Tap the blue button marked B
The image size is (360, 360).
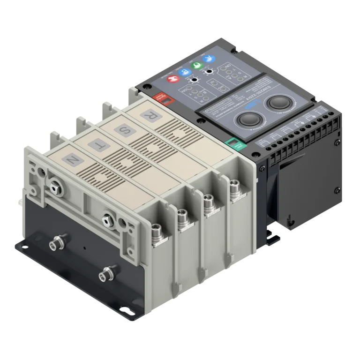[186, 72]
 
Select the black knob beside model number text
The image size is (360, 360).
[277, 102]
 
